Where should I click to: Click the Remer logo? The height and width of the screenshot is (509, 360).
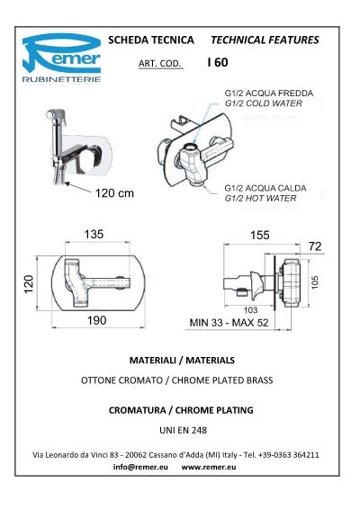click(x=61, y=58)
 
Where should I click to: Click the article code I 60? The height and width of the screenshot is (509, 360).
click(x=218, y=62)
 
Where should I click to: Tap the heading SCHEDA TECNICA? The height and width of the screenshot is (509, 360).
click(x=151, y=40)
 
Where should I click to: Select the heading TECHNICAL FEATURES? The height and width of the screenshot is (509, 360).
click(x=265, y=40)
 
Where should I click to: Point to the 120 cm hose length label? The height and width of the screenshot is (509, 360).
click(x=114, y=193)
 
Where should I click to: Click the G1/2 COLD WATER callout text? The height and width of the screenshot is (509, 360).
click(x=264, y=103)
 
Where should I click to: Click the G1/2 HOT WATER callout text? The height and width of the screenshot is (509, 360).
click(x=261, y=199)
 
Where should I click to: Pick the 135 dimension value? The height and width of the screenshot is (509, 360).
click(x=94, y=234)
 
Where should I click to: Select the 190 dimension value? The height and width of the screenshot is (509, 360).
click(x=97, y=320)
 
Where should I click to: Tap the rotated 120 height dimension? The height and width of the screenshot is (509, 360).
click(x=29, y=284)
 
